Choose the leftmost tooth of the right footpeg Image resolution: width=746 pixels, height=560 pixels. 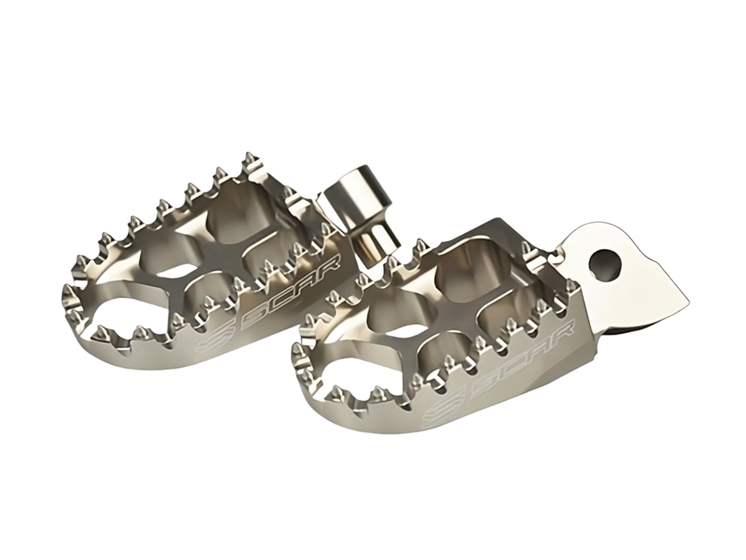(x=297, y=351)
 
